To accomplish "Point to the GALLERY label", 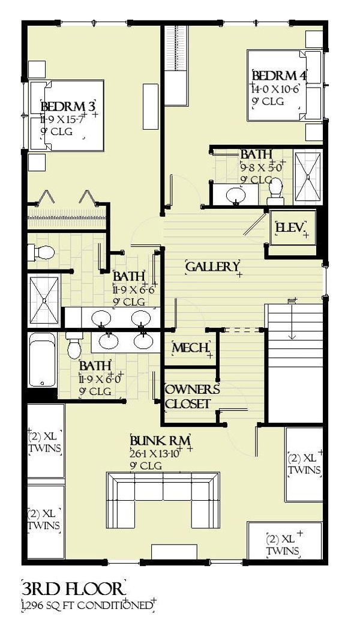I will click(x=213, y=267).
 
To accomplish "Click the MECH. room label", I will click(x=191, y=348).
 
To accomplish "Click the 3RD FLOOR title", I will click(x=73, y=587).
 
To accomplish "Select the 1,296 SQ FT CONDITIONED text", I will click(x=88, y=605).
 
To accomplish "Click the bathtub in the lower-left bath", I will click(x=41, y=364).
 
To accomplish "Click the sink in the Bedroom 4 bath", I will click(x=236, y=194).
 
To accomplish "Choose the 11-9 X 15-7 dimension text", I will click(x=64, y=119).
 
